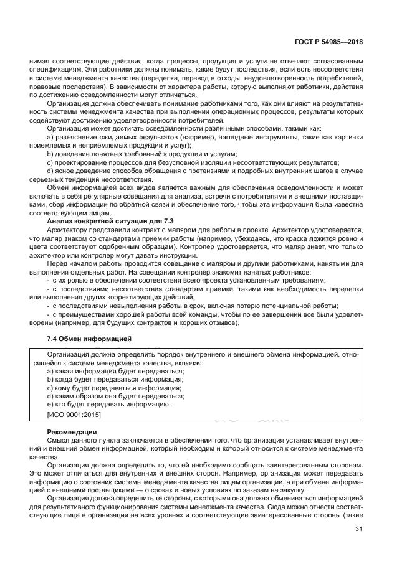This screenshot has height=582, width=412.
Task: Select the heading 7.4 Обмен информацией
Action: click(89, 339)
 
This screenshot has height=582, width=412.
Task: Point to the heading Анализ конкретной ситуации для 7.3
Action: click(110, 222)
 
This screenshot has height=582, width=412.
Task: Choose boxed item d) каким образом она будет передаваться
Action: click(115, 395)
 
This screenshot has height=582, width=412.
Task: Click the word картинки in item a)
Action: click(348, 136)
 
